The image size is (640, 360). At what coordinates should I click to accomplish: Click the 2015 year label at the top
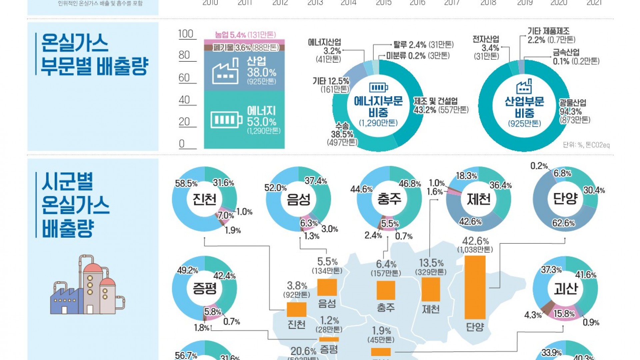(x=383, y=3)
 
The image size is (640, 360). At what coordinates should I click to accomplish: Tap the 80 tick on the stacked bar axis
(x=184, y=55)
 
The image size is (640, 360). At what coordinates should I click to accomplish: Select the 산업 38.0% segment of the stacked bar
(x=244, y=71)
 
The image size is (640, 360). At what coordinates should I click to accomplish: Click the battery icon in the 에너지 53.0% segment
(x=226, y=120)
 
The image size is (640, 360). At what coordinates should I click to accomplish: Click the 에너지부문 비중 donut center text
(x=378, y=106)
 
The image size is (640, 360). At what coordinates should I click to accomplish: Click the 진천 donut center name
(x=204, y=199)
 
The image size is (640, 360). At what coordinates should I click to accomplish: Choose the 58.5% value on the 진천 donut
(x=186, y=184)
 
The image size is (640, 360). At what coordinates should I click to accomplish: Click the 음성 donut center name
(x=298, y=199)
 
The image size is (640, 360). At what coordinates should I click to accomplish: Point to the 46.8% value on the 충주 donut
(x=410, y=184)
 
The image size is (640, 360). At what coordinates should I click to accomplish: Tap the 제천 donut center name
(x=478, y=199)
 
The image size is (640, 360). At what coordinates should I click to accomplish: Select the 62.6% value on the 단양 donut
(x=563, y=223)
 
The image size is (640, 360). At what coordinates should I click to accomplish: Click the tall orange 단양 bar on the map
(x=475, y=287)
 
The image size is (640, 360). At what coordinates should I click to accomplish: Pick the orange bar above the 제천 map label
(x=431, y=289)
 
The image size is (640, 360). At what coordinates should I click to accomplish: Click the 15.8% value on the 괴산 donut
(x=564, y=314)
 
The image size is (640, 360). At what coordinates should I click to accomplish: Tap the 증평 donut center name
(x=204, y=288)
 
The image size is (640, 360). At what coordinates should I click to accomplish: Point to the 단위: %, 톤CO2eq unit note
(x=586, y=145)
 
